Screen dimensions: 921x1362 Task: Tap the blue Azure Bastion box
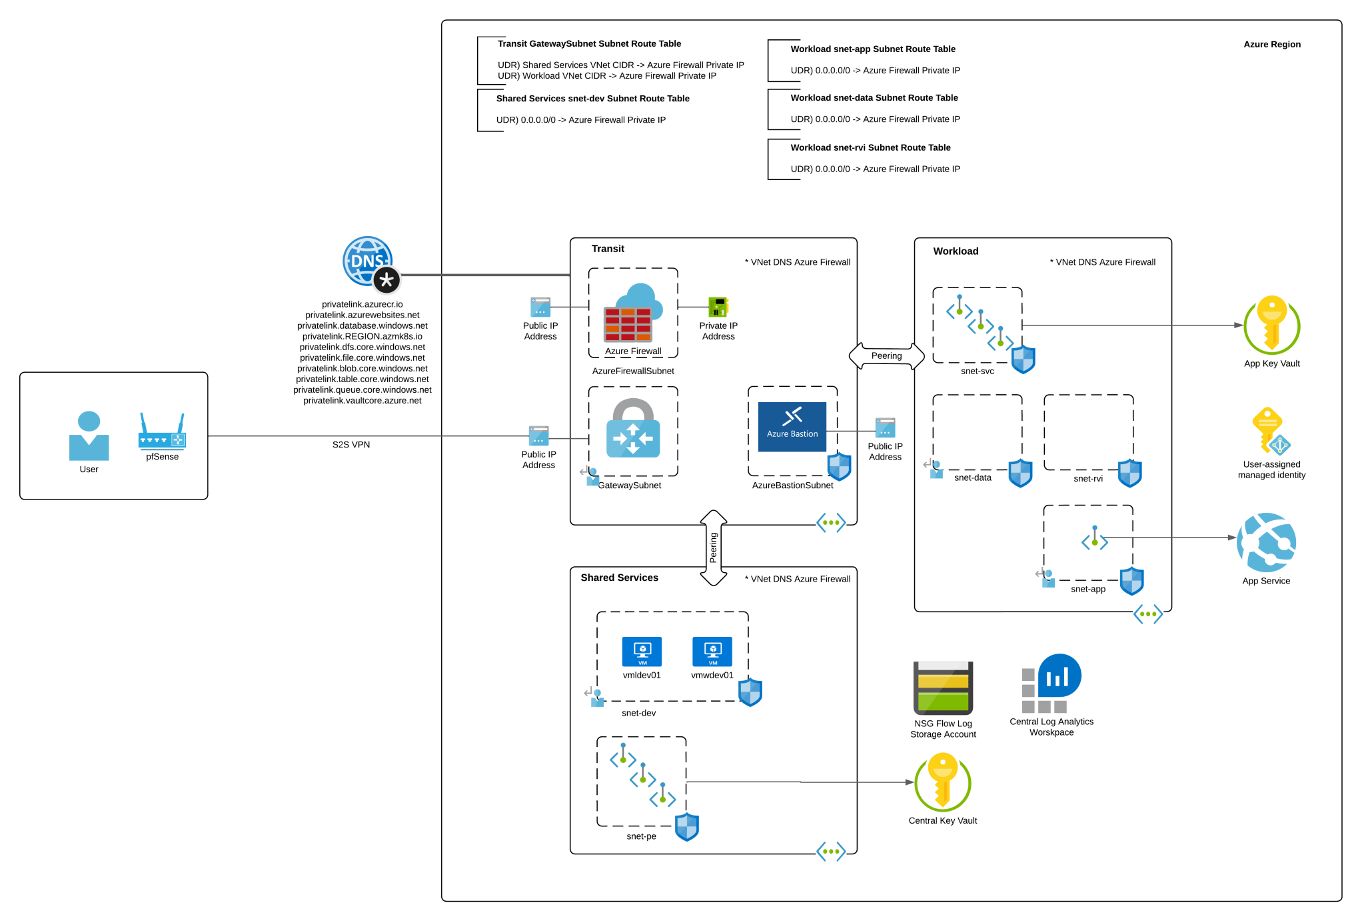792,427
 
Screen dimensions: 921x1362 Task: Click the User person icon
89,436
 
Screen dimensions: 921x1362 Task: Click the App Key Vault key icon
1271,325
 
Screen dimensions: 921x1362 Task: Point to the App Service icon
1265,542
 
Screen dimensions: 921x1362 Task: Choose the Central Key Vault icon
942,782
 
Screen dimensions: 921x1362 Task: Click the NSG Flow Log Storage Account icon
942,688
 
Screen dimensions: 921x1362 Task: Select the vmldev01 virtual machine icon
641,652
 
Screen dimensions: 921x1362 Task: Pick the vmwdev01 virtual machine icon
712,652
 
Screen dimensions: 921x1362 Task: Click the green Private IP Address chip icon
718,307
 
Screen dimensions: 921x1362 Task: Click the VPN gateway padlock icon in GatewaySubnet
632,429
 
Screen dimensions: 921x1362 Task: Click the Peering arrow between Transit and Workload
886,356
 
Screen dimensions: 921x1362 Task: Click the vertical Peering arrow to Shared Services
713,548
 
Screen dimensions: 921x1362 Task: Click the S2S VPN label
350,445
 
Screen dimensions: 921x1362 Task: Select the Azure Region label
1271,45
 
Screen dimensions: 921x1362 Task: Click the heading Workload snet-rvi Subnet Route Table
870,148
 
